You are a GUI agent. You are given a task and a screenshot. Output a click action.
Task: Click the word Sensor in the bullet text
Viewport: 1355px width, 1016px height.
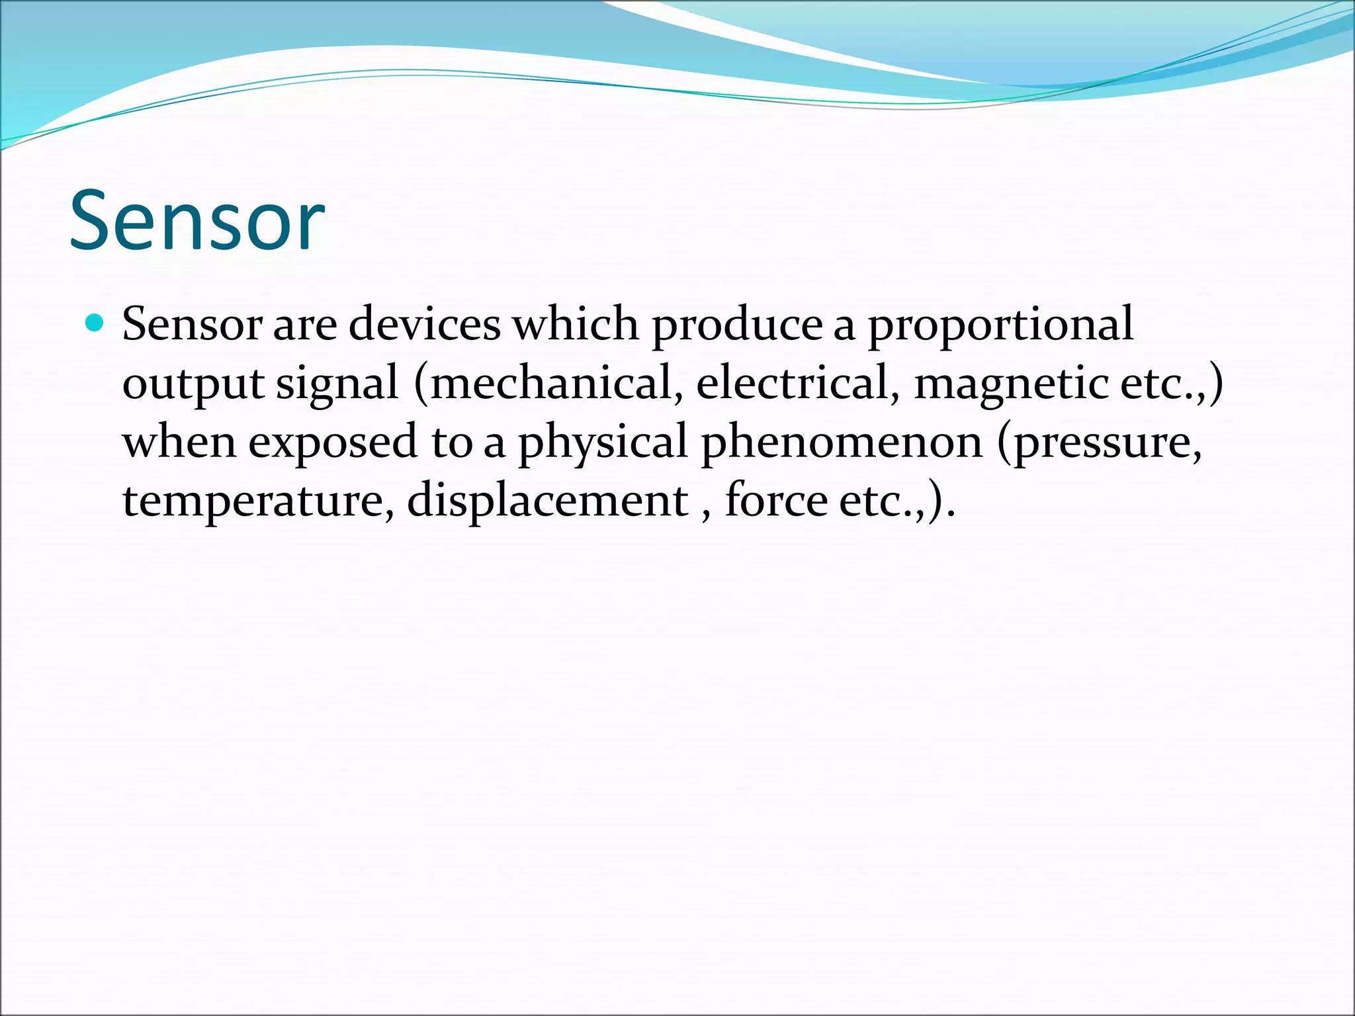coord(192,325)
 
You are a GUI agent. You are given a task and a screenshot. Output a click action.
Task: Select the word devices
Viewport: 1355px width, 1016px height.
coord(424,325)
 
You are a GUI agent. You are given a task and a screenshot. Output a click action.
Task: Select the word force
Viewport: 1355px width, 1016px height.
coord(775,501)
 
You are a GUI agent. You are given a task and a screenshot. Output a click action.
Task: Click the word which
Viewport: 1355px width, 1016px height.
coord(576,325)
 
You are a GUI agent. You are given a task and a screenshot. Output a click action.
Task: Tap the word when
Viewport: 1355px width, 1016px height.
coord(179,443)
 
